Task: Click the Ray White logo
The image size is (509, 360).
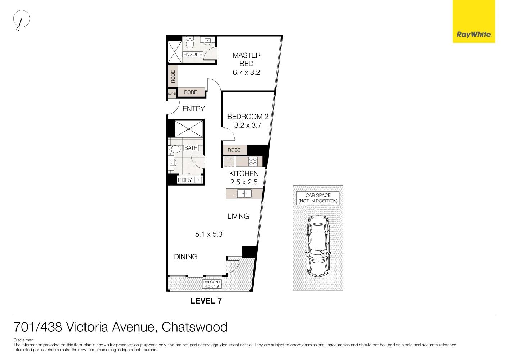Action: pyautogui.click(x=473, y=35)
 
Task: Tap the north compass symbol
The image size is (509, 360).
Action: pyautogui.click(x=21, y=19)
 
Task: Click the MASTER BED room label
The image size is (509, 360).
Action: pyautogui.click(x=246, y=59)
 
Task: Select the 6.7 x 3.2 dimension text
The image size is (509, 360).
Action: pyautogui.click(x=246, y=72)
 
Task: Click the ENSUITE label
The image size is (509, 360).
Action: pyautogui.click(x=193, y=54)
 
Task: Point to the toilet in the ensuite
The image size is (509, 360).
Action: pyautogui.click(x=190, y=44)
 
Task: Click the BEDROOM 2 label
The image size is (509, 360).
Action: pyautogui.click(x=248, y=117)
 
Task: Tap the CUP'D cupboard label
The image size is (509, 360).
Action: pyautogui.click(x=172, y=94)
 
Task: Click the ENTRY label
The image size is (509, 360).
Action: pyautogui.click(x=193, y=109)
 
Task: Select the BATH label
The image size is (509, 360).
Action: pyautogui.click(x=191, y=148)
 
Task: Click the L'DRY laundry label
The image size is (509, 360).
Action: pyautogui.click(x=185, y=180)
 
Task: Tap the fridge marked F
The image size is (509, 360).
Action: pyautogui.click(x=229, y=161)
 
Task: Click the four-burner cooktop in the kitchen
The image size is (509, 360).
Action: pyautogui.click(x=253, y=161)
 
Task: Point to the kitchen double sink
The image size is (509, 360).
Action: pyautogui.click(x=244, y=194)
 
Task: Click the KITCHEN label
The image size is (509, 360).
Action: pyautogui.click(x=244, y=173)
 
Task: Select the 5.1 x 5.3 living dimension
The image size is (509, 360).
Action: pyautogui.click(x=208, y=234)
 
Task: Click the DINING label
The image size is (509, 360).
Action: pyautogui.click(x=185, y=256)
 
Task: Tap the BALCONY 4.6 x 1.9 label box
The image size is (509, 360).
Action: pyautogui.click(x=212, y=284)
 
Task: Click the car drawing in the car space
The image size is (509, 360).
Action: pyautogui.click(x=318, y=246)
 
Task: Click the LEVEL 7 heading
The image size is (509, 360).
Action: pyautogui.click(x=206, y=301)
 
